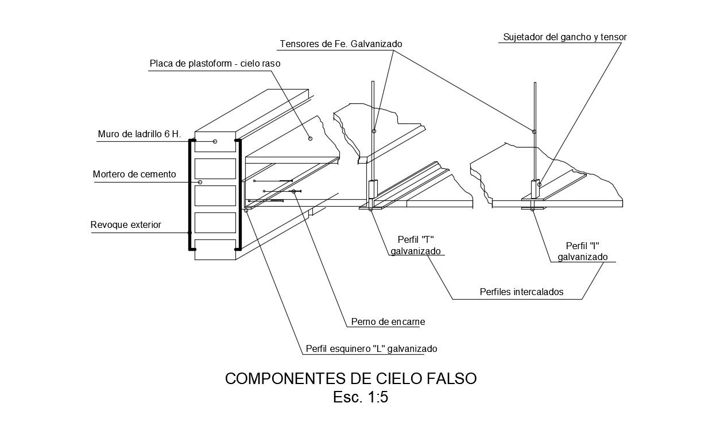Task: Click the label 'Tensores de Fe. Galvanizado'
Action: tap(340, 44)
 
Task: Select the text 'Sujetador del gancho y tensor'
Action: tap(564, 37)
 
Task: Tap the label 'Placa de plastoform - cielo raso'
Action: tap(215, 64)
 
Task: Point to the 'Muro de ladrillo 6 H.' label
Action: tap(140, 134)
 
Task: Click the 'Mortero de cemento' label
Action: tap(134, 175)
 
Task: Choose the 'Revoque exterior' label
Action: tap(126, 225)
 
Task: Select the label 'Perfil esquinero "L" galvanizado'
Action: tap(371, 348)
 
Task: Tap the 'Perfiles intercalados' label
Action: tap(521, 292)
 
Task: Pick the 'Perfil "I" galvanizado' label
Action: tap(582, 251)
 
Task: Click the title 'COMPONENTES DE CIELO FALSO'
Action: tap(351, 379)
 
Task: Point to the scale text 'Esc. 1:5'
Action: tap(361, 397)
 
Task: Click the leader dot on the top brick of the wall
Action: tap(215, 141)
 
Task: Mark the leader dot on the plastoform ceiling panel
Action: tap(310, 138)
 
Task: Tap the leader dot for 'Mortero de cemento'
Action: tap(200, 183)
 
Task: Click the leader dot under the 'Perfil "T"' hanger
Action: tap(370, 210)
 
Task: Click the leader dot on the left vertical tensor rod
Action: tap(374, 131)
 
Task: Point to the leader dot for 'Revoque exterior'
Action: tap(190, 232)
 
